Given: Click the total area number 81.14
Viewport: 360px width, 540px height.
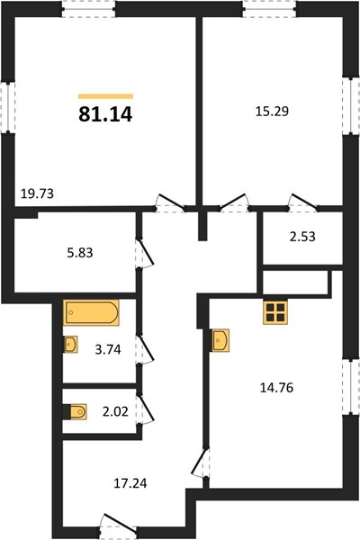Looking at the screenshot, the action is click(105, 114).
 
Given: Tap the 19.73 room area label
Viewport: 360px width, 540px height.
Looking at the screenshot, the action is click(37, 193).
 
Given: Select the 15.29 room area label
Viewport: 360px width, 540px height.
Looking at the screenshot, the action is click(272, 112).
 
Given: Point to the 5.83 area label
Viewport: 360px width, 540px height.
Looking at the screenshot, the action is click(80, 253).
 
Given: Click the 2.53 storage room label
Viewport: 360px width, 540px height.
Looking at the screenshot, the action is click(302, 237).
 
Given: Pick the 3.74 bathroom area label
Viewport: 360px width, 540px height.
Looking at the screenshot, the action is click(108, 349).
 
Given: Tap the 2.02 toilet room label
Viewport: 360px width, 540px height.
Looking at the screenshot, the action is click(115, 411).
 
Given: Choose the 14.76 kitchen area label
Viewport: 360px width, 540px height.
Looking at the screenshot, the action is click(276, 388).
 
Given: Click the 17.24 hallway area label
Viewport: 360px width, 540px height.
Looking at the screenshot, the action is click(130, 483).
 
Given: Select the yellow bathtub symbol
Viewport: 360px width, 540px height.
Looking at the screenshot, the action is click(91, 312).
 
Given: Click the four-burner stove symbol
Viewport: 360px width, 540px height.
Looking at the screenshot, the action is click(275, 312).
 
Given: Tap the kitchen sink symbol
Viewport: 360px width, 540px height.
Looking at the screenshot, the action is click(220, 340).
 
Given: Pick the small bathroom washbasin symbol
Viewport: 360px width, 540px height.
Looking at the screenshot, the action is click(71, 345).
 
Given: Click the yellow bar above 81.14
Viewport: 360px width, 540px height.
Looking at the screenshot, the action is click(106, 96).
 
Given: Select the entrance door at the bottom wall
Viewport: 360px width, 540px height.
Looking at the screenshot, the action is click(118, 524).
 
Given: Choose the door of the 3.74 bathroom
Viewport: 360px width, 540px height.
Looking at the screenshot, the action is click(145, 349).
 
